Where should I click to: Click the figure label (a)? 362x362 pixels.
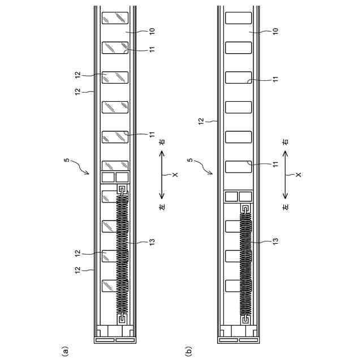point(65,352)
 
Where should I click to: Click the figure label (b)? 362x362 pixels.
point(187,352)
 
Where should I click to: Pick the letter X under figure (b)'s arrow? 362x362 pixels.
point(298,175)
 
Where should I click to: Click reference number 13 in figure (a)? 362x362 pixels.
point(151,242)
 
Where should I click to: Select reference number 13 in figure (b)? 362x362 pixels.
point(275,242)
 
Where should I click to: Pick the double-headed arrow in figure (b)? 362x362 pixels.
point(286,175)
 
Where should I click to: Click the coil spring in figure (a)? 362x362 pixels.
point(122,255)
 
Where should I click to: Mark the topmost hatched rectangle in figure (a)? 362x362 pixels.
point(115,18)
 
